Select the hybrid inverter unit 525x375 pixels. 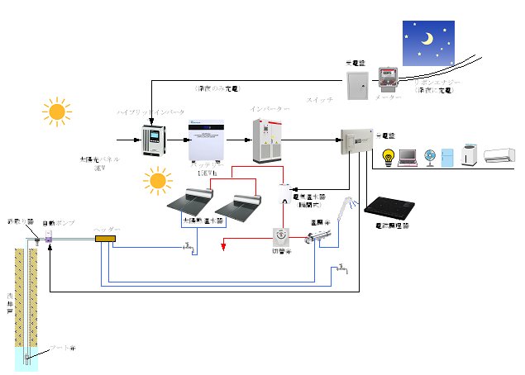(154, 141)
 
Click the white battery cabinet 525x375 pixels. (208, 140)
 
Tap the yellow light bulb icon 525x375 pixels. (387, 156)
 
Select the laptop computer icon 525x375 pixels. (408, 157)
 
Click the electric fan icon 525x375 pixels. (430, 156)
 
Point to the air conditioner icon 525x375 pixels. (500, 155)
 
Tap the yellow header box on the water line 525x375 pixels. (106, 239)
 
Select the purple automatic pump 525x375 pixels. (49, 236)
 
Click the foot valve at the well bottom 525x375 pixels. (27, 357)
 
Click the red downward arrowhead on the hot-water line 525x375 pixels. (223, 244)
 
